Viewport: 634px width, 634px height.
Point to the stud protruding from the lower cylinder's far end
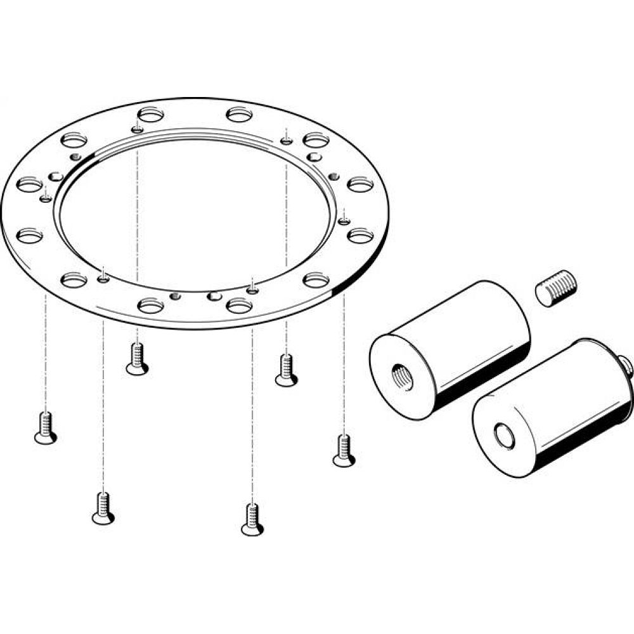[627, 365]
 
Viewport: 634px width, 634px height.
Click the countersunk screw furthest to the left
[45, 427]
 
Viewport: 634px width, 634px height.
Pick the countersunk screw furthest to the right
[344, 450]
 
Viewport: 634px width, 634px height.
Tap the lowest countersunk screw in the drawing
[252, 519]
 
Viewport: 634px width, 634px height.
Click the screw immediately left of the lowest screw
[103, 508]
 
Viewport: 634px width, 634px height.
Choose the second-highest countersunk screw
[286, 370]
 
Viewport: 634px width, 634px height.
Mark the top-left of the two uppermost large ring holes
[150, 115]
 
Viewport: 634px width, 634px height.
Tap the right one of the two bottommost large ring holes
[239, 306]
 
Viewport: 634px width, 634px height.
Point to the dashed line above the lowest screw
[252, 412]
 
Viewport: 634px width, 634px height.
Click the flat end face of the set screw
[545, 295]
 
